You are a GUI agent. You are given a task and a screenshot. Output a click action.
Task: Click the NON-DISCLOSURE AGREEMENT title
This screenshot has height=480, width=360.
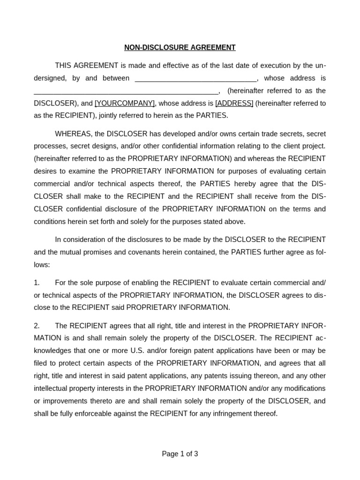click(x=180, y=47)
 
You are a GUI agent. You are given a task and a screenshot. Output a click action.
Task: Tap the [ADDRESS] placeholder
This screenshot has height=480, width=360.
click(x=234, y=103)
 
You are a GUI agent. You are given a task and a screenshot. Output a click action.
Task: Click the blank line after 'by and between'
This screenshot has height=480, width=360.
click(x=195, y=79)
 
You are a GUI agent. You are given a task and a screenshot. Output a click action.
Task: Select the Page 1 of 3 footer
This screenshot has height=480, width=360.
click(x=180, y=454)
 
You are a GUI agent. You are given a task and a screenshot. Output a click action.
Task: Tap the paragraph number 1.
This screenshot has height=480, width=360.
click(x=37, y=283)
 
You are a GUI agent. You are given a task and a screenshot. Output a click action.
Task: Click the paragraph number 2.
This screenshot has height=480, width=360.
click(x=37, y=326)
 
